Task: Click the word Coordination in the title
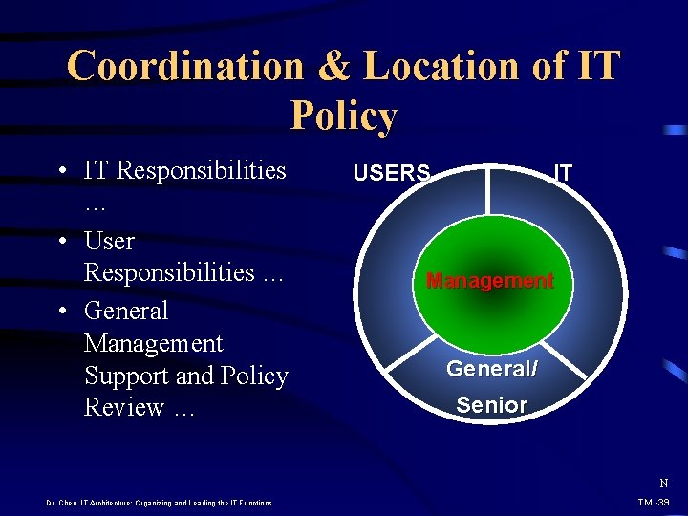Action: click(x=184, y=67)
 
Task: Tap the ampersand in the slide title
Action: click(x=333, y=67)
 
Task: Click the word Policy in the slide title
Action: click(x=343, y=117)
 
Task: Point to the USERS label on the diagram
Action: click(x=392, y=173)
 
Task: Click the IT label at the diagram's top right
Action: click(x=564, y=173)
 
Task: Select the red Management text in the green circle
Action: click(x=489, y=281)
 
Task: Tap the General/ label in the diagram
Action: click(x=491, y=369)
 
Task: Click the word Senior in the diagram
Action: click(x=491, y=405)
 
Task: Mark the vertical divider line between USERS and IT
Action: click(x=489, y=191)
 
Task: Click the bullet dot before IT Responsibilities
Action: click(x=61, y=172)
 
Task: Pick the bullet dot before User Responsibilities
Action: click(x=61, y=242)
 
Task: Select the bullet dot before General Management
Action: click(x=61, y=312)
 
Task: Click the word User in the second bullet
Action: click(x=109, y=241)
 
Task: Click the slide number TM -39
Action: click(x=654, y=503)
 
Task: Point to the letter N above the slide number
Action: click(x=663, y=484)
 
